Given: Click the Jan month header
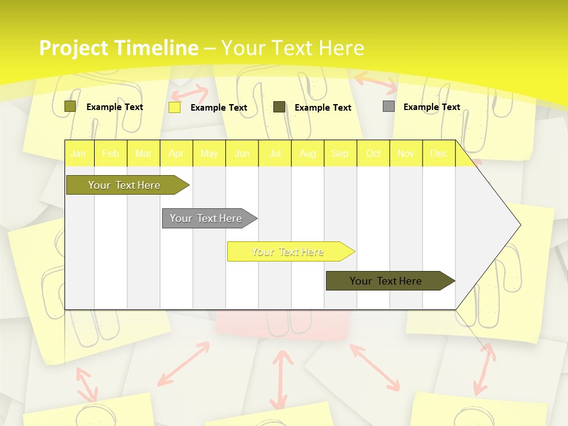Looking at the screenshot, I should (78, 154).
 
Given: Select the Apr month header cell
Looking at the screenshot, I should (176, 154).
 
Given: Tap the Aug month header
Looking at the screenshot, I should (307, 154).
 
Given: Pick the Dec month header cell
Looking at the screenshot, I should (438, 154).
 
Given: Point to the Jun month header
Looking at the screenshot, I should (242, 154).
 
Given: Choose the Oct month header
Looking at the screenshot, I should (373, 154).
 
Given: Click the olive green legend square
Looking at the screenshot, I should (70, 106).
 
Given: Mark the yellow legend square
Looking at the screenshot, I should (175, 107).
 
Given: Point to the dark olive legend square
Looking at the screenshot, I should (279, 107).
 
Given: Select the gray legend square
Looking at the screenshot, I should (389, 106).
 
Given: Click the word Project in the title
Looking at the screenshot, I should (73, 48).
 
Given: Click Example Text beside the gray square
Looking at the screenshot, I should (431, 107).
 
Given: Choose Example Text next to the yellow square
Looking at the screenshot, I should (218, 108).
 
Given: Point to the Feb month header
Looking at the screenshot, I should (111, 154).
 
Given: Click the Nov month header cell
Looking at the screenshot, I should (406, 154).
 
